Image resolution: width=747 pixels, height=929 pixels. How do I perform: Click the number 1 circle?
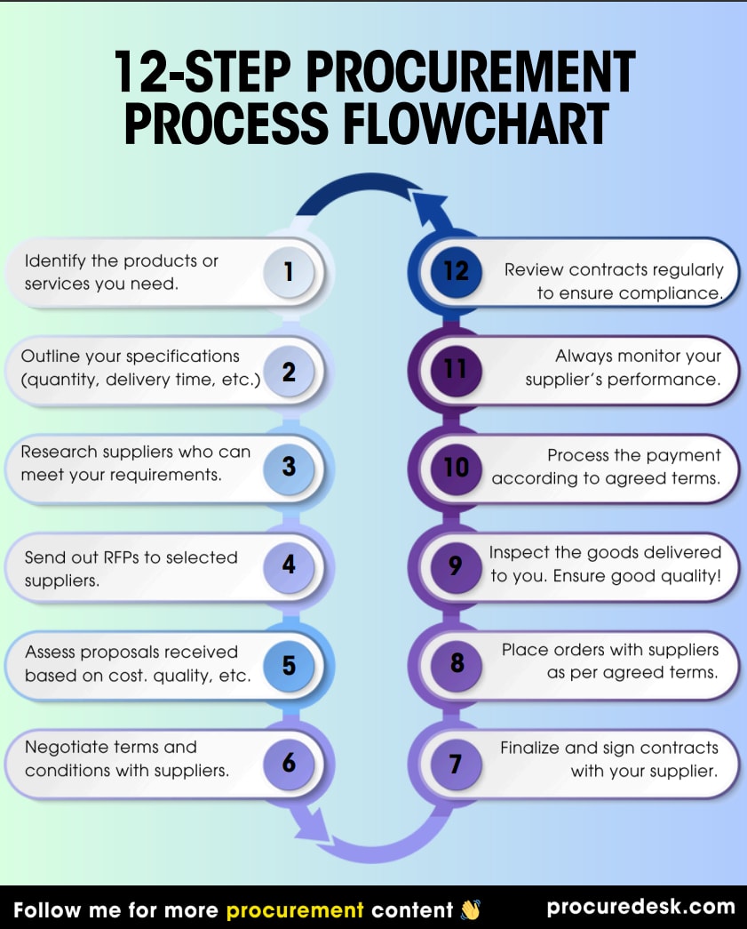coord(289,271)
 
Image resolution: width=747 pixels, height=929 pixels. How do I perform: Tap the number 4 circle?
coord(289,565)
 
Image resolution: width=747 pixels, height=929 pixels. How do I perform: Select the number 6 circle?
coord(289,763)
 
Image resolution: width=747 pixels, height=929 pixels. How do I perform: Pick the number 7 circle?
coord(456,763)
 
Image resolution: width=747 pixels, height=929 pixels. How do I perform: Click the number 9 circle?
coord(456,565)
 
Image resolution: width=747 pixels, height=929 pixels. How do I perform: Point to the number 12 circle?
coord(456,271)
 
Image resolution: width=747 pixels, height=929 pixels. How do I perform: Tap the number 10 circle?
coord(456,466)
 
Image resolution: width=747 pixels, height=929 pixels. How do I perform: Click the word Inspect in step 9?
coord(515,552)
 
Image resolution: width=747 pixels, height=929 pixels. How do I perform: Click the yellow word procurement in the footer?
coord(295,909)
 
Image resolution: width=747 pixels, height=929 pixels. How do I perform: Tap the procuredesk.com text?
coord(640,908)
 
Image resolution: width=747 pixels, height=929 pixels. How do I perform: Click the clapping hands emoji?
coord(470,909)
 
